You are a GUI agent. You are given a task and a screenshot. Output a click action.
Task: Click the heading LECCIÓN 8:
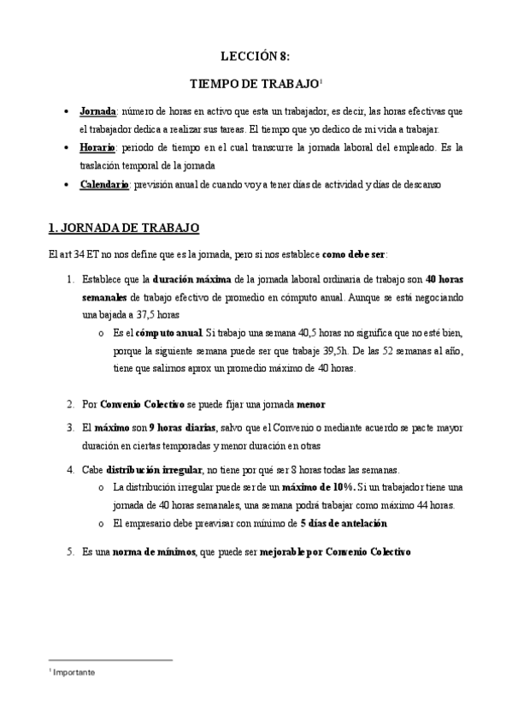tap(256, 57)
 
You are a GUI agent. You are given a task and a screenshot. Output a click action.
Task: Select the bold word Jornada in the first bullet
tap(97, 112)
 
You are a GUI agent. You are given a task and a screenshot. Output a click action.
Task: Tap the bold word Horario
tap(97, 148)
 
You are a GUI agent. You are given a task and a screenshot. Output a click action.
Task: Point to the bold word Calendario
tap(103, 184)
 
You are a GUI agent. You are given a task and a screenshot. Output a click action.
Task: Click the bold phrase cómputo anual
tap(169, 332)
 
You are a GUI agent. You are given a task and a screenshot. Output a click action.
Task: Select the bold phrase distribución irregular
tap(153, 470)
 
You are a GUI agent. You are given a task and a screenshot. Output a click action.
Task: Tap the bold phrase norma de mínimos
tap(154, 552)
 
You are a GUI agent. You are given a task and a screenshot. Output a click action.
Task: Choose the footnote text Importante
tap(74, 673)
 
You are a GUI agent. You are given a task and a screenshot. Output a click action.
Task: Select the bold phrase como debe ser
tap(354, 254)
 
